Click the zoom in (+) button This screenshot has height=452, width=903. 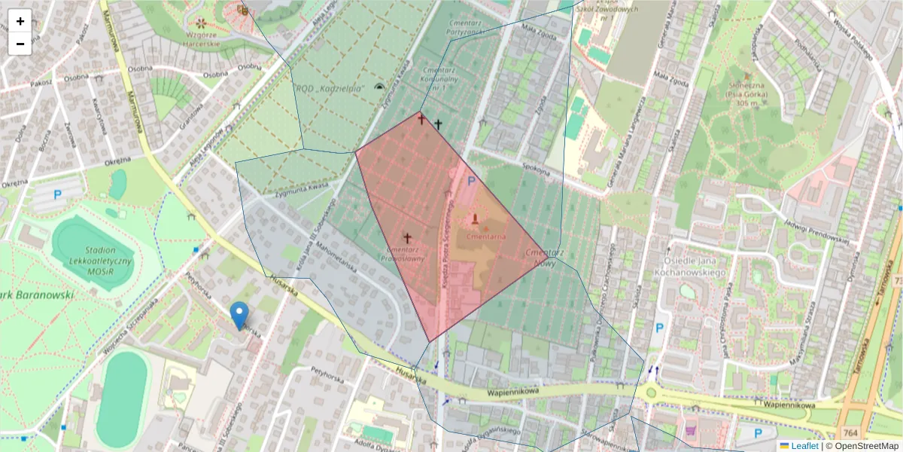[20, 21]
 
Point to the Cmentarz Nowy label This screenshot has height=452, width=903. [546, 258]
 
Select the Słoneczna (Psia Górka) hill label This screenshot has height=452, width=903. [747, 96]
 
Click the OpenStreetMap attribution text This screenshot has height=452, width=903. [866, 446]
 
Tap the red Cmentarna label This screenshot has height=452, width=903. [485, 236]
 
